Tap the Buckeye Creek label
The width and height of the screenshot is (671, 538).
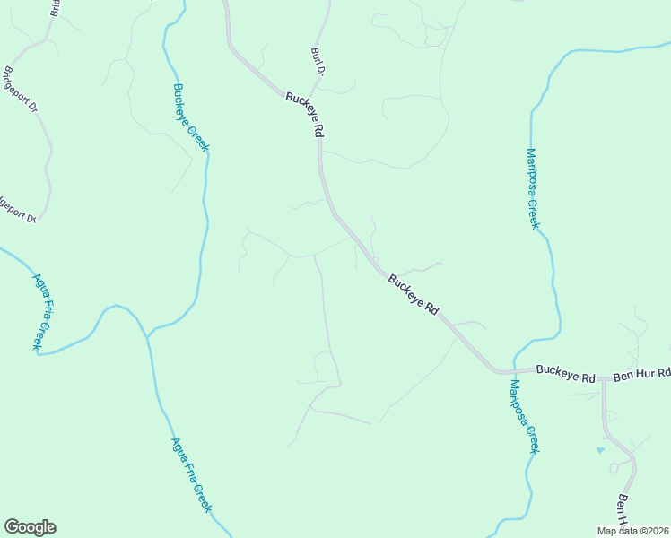click(x=190, y=117)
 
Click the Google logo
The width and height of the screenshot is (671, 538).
click(x=30, y=527)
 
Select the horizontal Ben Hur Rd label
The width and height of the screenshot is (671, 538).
click(x=640, y=374)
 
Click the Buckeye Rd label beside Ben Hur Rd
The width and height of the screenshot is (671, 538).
click(x=566, y=373)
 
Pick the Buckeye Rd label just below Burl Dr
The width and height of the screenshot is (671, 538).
click(x=306, y=114)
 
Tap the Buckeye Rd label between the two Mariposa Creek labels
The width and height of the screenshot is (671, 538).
click(x=414, y=293)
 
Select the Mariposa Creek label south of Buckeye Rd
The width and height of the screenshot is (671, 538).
click(x=524, y=416)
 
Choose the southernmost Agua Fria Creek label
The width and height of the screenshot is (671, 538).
click(x=191, y=473)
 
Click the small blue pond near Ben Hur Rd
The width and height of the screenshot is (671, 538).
click(x=600, y=449)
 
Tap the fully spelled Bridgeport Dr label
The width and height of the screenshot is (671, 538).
click(x=22, y=90)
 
